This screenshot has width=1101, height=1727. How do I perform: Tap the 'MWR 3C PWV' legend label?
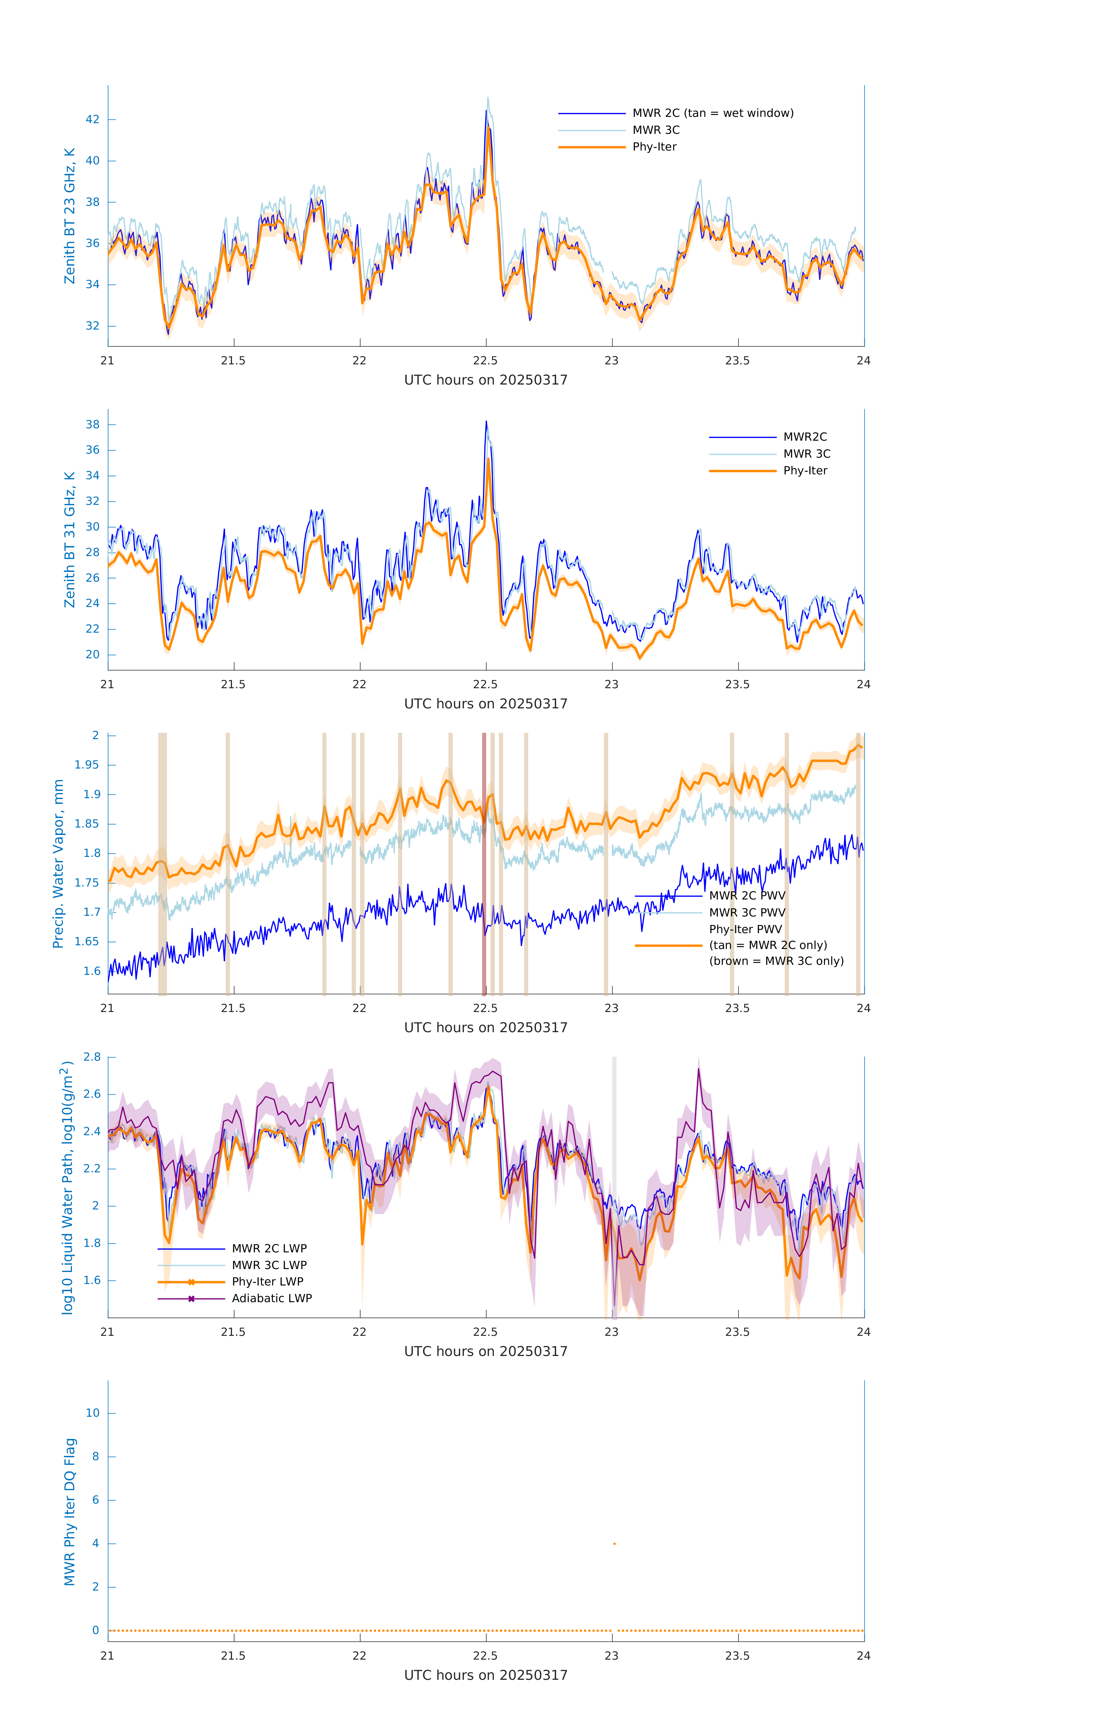click(747, 912)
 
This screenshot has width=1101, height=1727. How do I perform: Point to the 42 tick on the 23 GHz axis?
click(92, 119)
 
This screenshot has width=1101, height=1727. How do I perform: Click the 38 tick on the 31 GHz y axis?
click(92, 425)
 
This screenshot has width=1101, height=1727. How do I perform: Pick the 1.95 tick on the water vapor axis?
click(87, 764)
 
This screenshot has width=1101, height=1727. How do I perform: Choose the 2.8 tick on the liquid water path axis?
click(92, 1056)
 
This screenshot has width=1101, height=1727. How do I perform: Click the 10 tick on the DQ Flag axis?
click(92, 1413)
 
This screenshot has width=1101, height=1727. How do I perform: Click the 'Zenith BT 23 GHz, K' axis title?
click(70, 216)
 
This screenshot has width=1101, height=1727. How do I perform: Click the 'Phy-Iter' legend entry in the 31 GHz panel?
click(805, 471)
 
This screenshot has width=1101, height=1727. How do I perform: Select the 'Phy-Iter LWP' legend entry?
click(267, 1282)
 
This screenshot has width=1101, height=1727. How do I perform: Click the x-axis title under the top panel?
click(486, 380)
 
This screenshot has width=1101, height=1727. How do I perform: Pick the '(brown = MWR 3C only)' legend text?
click(776, 961)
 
